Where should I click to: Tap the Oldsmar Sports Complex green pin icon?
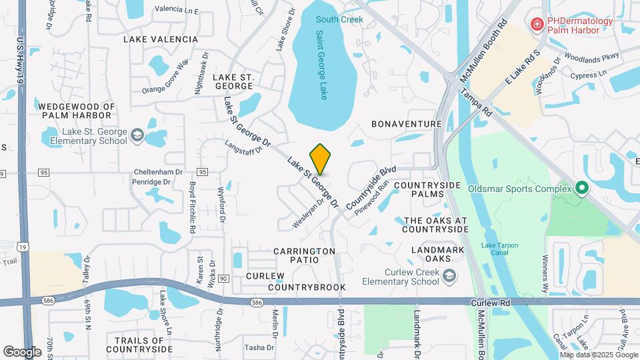click(x=581, y=189)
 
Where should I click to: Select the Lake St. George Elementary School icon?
click(x=137, y=136)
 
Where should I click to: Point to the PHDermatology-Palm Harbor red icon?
click(x=535, y=25)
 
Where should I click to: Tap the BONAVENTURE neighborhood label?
click(x=407, y=124)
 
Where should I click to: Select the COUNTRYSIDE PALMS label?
click(x=428, y=189)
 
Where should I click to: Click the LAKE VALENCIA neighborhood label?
click(x=161, y=39)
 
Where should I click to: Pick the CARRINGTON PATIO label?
click(x=304, y=256)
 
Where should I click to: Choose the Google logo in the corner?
click(x=22, y=351)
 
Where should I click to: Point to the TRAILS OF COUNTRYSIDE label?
click(x=139, y=345)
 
